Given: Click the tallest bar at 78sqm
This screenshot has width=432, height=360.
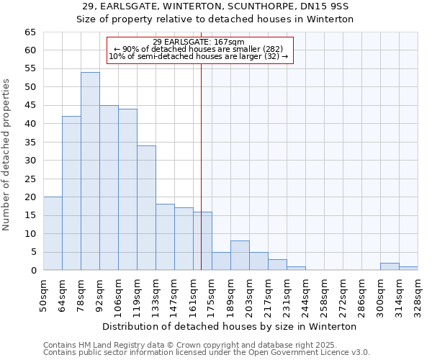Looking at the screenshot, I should coord(90,171).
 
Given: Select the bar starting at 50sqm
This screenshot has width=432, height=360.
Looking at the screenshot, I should coord(53,233).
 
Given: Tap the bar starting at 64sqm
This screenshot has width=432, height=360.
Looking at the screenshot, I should coord(71,193).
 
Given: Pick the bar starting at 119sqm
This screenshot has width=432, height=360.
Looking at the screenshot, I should coord(146,207).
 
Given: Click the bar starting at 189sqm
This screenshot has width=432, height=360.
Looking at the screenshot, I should coord(240,256).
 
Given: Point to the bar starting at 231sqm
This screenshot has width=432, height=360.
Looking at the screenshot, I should coord(296,269).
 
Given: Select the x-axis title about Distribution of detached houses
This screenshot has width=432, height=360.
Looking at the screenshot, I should coord(229,326).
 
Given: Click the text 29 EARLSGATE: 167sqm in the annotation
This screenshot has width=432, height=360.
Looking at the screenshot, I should coord(199,42).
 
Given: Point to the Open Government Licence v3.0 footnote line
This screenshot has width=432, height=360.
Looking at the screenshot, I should coord(206,352).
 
